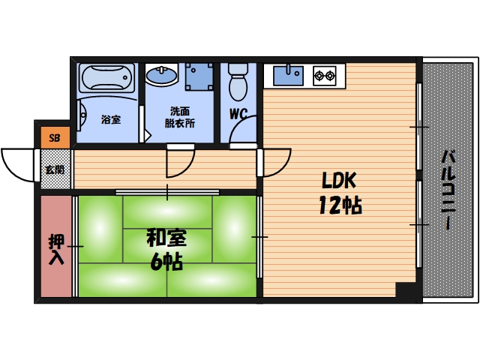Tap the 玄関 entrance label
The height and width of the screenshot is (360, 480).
[55, 169]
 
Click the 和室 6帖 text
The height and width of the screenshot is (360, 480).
[166, 250]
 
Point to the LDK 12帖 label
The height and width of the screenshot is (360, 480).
[342, 193]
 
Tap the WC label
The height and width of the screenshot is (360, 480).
[238, 115]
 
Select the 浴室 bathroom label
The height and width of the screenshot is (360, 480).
[111, 118]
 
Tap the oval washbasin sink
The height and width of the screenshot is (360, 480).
[161, 76]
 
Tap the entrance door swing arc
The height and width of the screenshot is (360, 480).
[19, 162]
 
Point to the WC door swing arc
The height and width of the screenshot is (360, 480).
[244, 131]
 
